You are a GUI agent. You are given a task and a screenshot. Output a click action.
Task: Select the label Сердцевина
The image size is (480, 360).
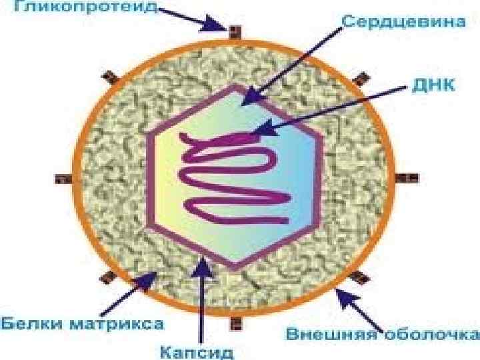403,21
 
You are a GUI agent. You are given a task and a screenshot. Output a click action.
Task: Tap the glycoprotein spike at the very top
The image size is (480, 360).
234,31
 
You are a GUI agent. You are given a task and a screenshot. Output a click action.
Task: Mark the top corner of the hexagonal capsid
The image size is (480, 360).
234,86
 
